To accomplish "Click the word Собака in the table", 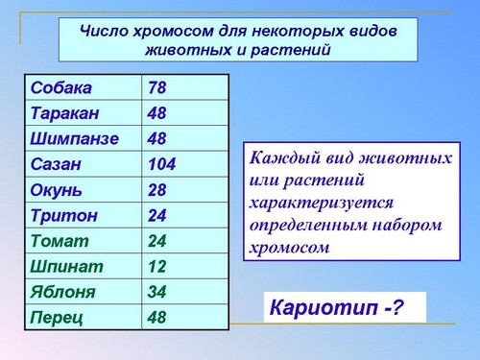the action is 61,87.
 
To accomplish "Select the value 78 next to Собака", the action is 157,87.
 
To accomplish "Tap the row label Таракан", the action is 65,113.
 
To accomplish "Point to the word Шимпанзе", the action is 75,139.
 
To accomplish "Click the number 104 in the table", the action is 162,164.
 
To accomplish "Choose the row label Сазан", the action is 56,164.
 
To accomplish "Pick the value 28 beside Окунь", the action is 157,190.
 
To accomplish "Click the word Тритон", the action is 64,215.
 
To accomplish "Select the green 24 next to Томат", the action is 157,241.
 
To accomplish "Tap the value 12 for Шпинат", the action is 157,266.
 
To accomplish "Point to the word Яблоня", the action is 63,292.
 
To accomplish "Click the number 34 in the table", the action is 157,292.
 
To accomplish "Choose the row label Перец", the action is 57,318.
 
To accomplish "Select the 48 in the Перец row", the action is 157,317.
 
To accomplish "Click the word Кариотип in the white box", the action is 324,308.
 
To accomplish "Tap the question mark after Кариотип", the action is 397,307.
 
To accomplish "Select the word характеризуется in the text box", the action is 322,204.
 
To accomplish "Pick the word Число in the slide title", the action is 104,31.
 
